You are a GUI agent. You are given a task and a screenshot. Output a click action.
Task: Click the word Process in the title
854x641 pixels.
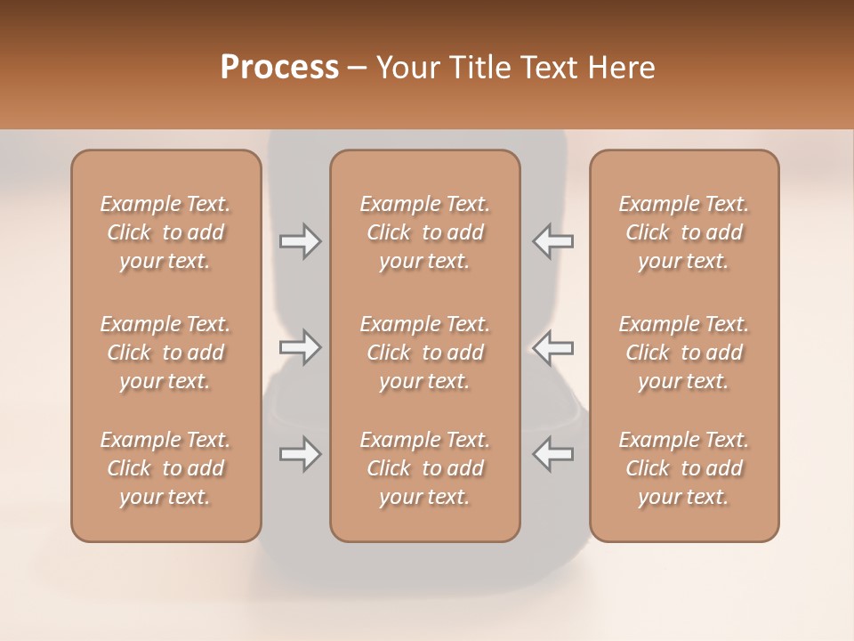pos(279,68)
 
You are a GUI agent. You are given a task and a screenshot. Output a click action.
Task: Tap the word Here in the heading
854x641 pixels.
pos(620,68)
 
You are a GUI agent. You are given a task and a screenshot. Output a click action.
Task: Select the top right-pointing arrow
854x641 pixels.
pos(300,240)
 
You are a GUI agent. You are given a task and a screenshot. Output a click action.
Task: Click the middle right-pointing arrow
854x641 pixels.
pos(300,347)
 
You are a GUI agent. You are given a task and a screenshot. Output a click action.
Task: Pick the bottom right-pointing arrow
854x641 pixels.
pos(300,454)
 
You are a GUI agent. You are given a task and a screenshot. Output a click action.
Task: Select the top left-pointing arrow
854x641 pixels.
pos(552,240)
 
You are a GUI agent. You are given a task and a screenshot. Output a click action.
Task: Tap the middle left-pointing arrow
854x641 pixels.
pos(552,347)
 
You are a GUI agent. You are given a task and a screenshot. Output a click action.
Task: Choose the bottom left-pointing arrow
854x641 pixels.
pos(552,454)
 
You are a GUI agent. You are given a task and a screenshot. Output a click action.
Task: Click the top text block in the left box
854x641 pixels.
pos(165,232)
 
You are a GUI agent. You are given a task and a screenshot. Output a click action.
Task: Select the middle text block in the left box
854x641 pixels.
pos(165,353)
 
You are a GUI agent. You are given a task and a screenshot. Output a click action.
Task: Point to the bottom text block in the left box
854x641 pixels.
pos(165,468)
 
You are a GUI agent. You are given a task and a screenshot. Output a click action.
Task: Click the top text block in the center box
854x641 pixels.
pos(425,232)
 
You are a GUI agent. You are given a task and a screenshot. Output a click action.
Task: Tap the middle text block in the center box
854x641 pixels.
pos(425,353)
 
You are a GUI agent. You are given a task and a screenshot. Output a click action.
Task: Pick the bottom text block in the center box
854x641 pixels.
pos(425,468)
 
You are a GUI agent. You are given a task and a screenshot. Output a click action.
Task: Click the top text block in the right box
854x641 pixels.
pos(684,232)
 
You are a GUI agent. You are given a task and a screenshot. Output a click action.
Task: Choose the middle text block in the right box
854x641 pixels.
pos(684,353)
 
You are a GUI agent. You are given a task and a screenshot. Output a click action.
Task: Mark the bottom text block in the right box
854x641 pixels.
pos(684,468)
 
